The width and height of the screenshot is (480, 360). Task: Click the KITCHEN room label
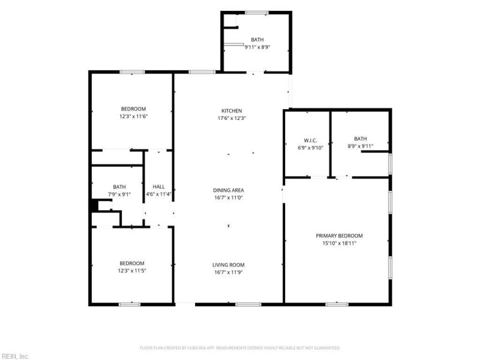[232, 111]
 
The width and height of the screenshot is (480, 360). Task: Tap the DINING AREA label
[229, 190]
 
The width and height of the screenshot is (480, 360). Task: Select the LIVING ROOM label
[229, 265]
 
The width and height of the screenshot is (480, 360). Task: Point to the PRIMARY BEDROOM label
[339, 236]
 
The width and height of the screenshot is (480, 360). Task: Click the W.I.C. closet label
[310, 140]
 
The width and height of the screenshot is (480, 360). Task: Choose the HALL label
[158, 187]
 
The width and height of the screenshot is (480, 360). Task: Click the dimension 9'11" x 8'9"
[257, 47]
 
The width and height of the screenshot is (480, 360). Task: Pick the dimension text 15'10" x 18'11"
[339, 244]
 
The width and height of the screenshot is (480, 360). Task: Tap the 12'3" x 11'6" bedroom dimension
[133, 116]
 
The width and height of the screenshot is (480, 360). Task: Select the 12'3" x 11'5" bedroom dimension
[131, 271]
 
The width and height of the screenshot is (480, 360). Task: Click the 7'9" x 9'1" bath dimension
[119, 194]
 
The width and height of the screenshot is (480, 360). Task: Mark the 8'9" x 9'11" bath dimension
[361, 146]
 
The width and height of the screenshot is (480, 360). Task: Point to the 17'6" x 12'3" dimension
[232, 118]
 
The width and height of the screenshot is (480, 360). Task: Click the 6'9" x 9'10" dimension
[310, 148]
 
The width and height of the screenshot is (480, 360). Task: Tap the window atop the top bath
[257, 13]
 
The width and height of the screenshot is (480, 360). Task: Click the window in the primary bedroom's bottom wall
[337, 304]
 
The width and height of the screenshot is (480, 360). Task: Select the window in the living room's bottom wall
[248, 304]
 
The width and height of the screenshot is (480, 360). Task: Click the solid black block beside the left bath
[94, 205]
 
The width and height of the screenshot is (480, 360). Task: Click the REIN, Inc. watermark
[14, 356]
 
